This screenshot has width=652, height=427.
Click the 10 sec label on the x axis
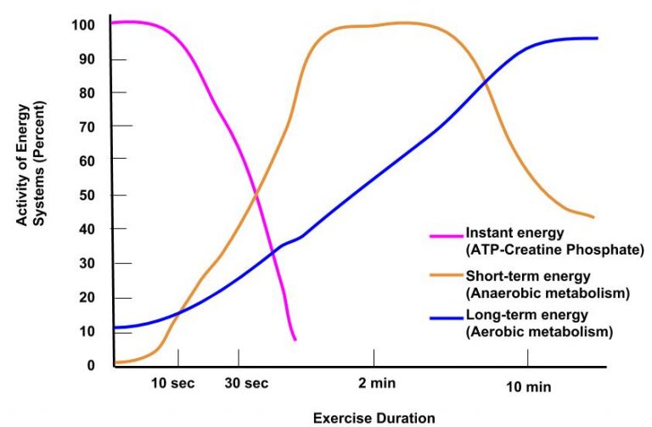click(x=172, y=384)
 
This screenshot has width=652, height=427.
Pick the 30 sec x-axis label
click(x=246, y=384)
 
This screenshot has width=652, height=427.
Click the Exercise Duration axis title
click(x=374, y=418)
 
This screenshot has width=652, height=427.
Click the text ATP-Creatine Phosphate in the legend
click(x=554, y=250)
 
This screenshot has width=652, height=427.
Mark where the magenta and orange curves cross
click(x=256, y=198)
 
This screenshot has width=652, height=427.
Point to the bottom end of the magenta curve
click(x=295, y=340)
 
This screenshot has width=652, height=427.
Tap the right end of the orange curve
click(x=593, y=217)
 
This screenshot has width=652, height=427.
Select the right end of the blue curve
click(x=597, y=38)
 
